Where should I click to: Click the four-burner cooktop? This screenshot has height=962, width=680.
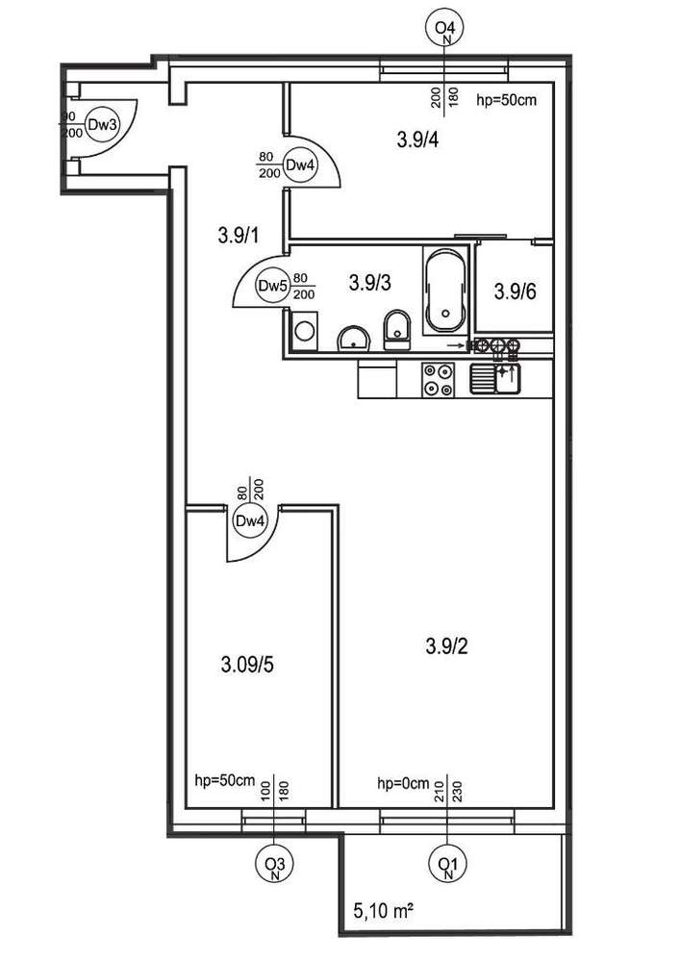point(439,379)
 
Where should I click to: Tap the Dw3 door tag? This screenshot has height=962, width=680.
point(102,124)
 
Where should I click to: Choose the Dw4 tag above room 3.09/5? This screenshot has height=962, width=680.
point(250,520)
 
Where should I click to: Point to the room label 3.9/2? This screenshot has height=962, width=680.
point(447,647)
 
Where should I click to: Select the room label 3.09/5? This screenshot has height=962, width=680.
point(246,664)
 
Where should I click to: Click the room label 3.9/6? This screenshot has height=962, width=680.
point(516,292)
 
